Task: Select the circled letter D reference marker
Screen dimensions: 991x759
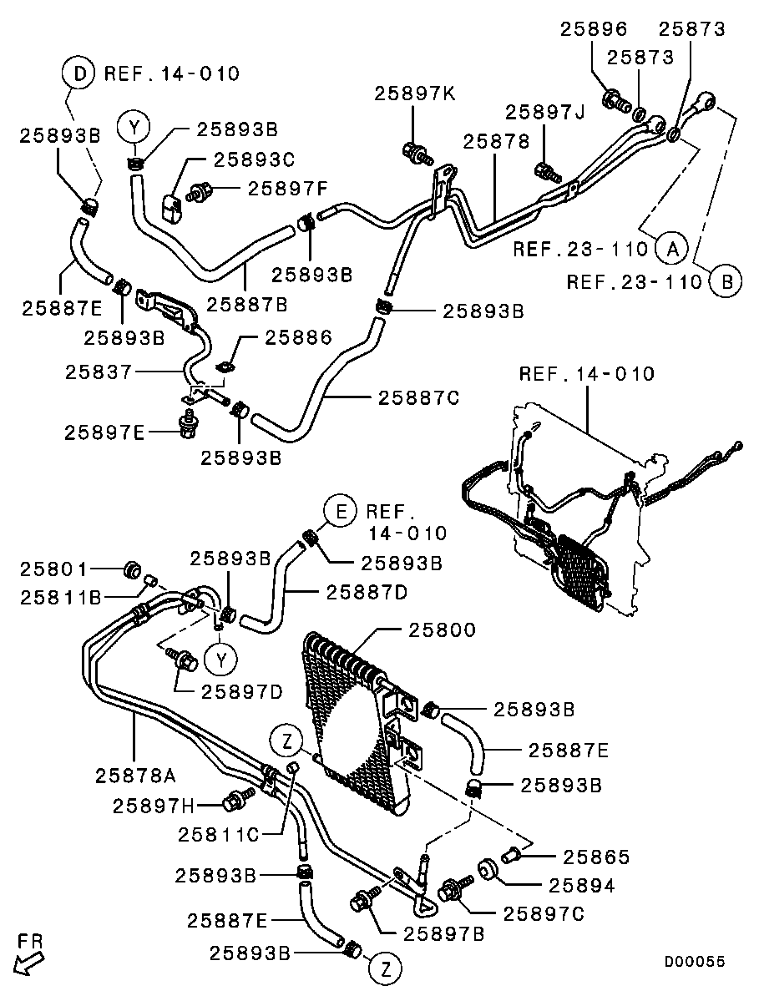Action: [x=79, y=74]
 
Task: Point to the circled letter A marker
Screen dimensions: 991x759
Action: [x=669, y=247]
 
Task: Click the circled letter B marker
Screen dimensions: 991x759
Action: [x=726, y=281]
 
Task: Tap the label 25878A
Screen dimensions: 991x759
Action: [x=134, y=776]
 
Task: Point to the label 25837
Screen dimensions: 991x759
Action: [x=99, y=372]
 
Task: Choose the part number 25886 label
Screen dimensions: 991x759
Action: [x=298, y=337]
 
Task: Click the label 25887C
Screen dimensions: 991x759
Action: [x=418, y=397]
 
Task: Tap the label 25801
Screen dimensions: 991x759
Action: [x=53, y=569]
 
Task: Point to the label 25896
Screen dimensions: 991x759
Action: [x=593, y=29]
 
